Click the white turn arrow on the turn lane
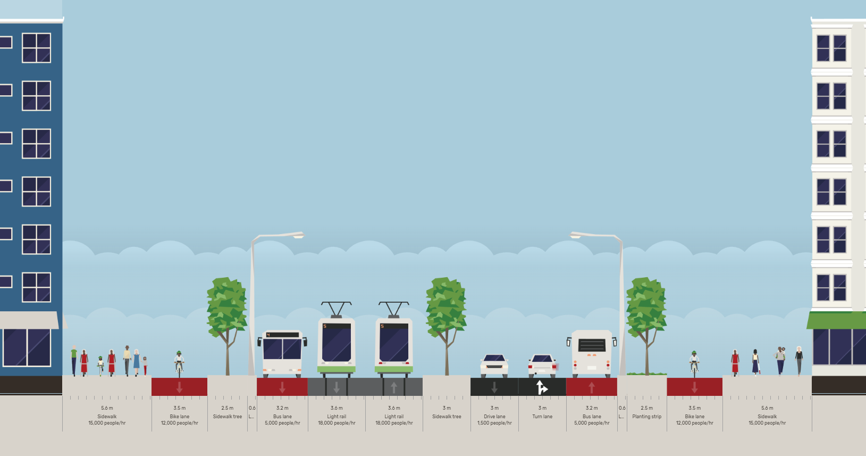coord(541,387)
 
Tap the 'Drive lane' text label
coord(494,417)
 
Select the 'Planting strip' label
coord(646,417)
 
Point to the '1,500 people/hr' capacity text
coord(494,424)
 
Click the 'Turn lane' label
coord(542,417)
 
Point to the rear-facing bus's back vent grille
coord(592,345)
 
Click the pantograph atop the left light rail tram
coord(336,309)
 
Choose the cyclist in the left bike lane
coord(179,363)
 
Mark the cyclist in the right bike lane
coord(694,363)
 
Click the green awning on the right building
coord(836,320)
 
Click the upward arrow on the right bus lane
coord(592,387)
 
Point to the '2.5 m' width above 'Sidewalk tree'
coord(227,408)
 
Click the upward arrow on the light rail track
coord(394,387)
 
